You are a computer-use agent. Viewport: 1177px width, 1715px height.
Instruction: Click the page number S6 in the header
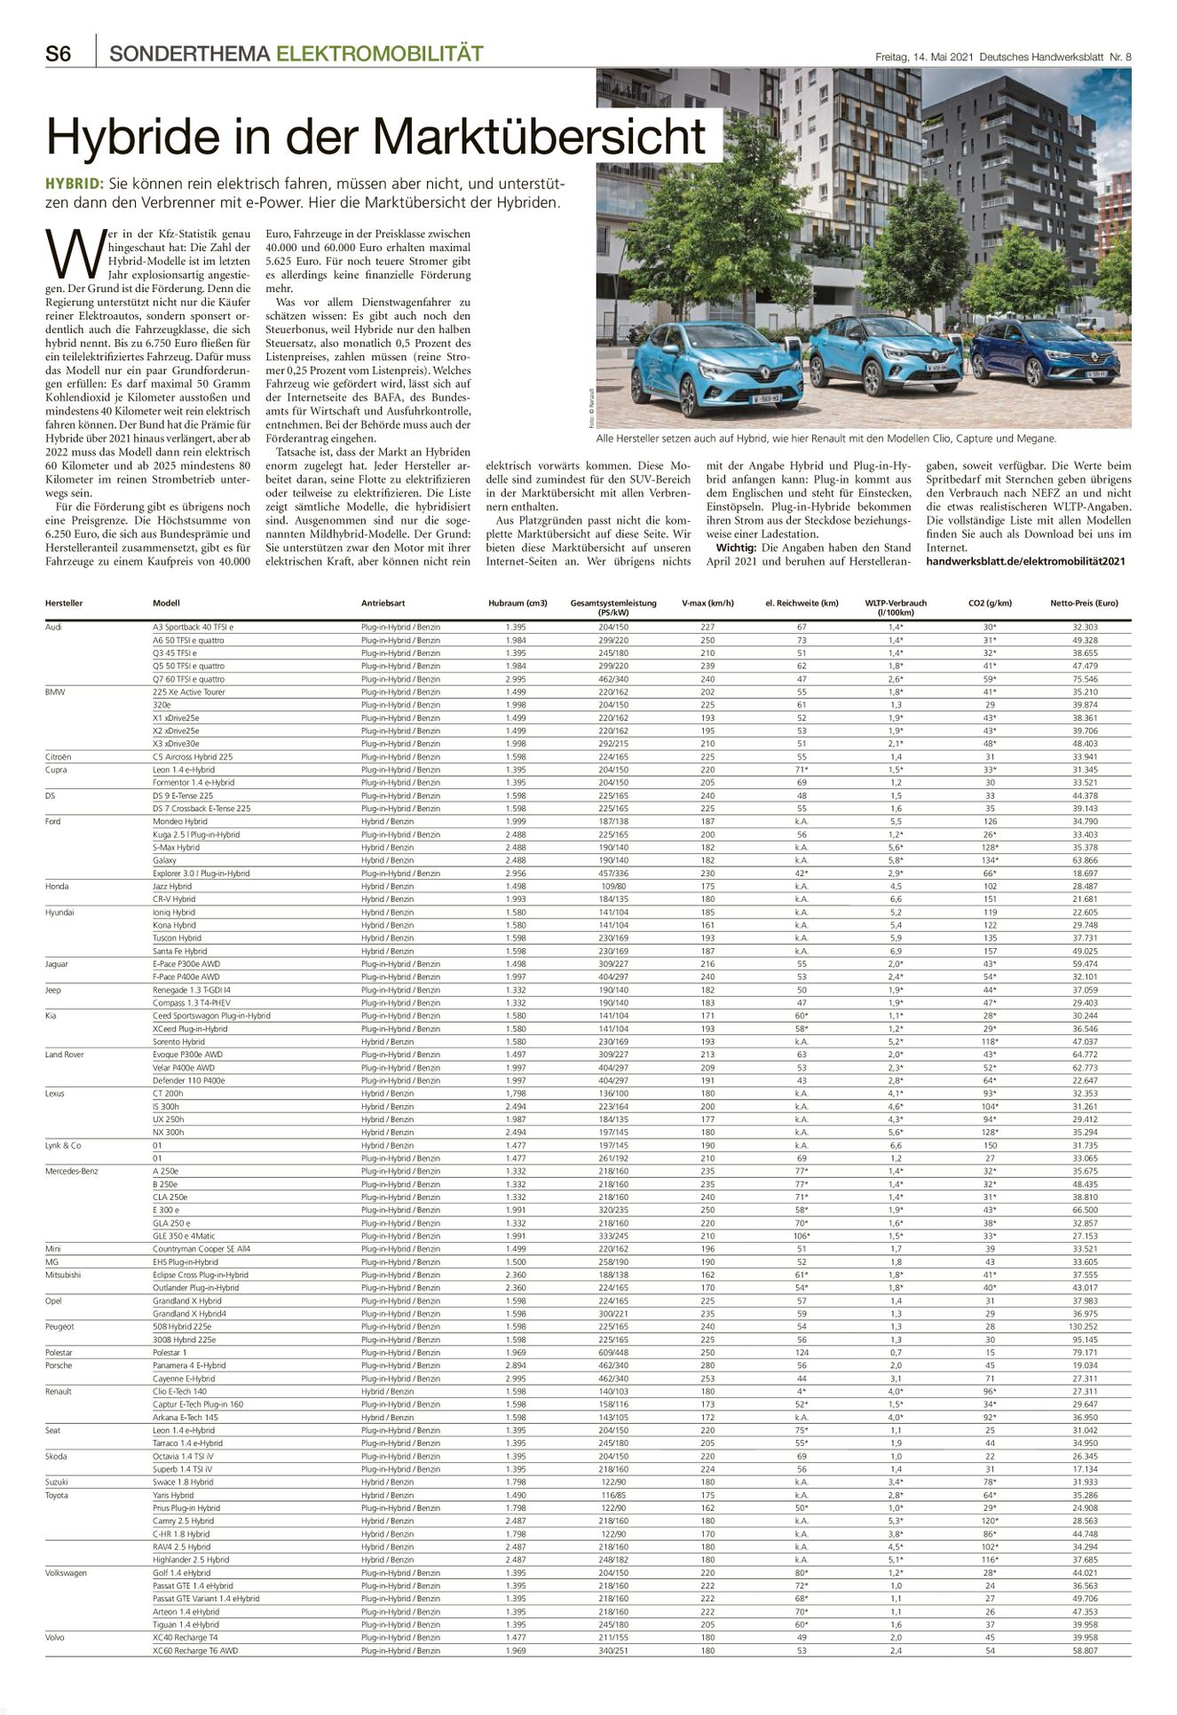(59, 54)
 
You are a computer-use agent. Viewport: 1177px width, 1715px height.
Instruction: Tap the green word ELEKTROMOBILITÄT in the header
(380, 54)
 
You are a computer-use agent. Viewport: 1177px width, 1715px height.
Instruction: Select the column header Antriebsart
(383, 604)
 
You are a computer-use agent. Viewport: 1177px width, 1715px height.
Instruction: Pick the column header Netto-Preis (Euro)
(1084, 604)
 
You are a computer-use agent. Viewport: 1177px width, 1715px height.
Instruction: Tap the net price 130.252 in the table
(1084, 1327)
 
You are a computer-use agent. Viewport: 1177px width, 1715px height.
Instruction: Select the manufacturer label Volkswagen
(67, 1573)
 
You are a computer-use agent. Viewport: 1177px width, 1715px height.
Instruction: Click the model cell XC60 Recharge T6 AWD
(195, 1651)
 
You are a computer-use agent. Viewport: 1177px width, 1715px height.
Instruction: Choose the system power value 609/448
(613, 1353)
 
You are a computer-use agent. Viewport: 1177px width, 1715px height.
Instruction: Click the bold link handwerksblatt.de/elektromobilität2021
(1025, 562)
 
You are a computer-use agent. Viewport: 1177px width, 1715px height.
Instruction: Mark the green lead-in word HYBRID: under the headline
(75, 185)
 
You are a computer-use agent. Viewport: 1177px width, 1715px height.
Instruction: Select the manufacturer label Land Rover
(65, 1055)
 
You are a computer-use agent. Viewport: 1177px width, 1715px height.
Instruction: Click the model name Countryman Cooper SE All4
(201, 1249)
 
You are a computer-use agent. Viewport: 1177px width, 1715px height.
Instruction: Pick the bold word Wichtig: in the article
(736, 549)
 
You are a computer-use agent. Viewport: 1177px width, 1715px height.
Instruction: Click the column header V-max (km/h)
(707, 604)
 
